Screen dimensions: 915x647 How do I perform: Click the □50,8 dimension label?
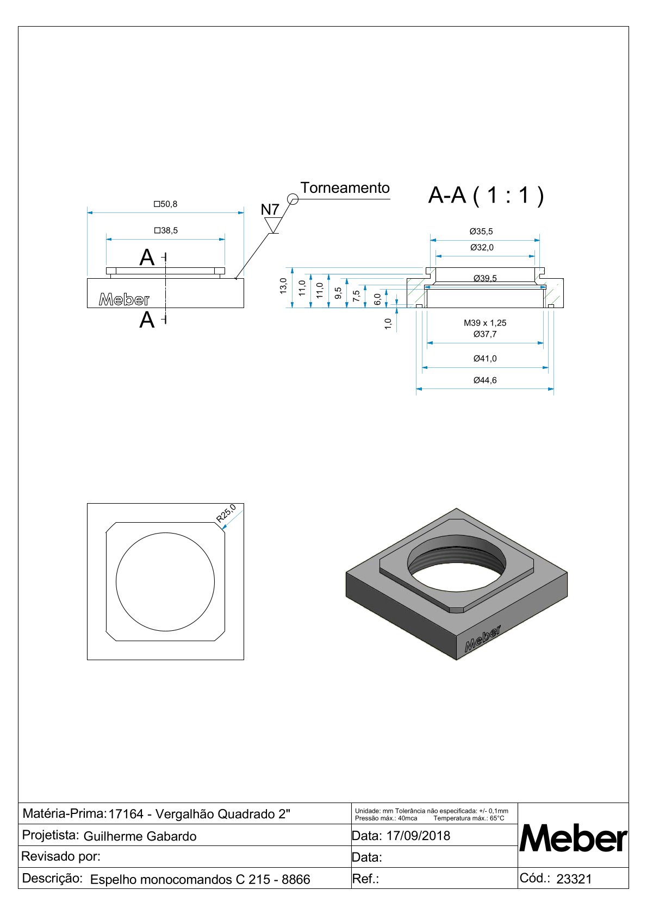point(165,204)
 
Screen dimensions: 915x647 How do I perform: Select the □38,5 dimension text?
point(165,230)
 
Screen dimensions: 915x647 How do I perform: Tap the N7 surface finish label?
point(270,210)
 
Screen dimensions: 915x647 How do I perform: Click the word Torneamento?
point(345,188)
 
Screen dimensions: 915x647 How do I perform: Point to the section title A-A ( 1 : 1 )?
point(486,195)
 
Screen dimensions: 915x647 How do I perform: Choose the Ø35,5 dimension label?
point(481,231)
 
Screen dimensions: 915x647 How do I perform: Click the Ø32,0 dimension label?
point(482,248)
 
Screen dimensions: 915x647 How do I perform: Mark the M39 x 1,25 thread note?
point(484,323)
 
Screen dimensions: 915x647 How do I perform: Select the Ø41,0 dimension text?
point(484,359)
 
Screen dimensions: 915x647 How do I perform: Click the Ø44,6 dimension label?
point(484,380)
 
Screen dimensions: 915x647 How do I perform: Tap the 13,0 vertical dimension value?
point(283,286)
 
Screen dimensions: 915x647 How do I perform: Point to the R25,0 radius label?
point(226,513)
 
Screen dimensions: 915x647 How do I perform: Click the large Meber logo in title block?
point(573,839)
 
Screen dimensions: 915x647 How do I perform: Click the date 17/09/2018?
point(418,836)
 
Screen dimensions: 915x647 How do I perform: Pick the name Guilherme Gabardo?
point(140,836)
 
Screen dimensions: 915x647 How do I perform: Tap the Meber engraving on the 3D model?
point(482,638)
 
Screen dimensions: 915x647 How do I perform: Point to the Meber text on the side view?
point(124,299)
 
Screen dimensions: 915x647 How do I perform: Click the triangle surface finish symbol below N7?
point(272,225)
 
